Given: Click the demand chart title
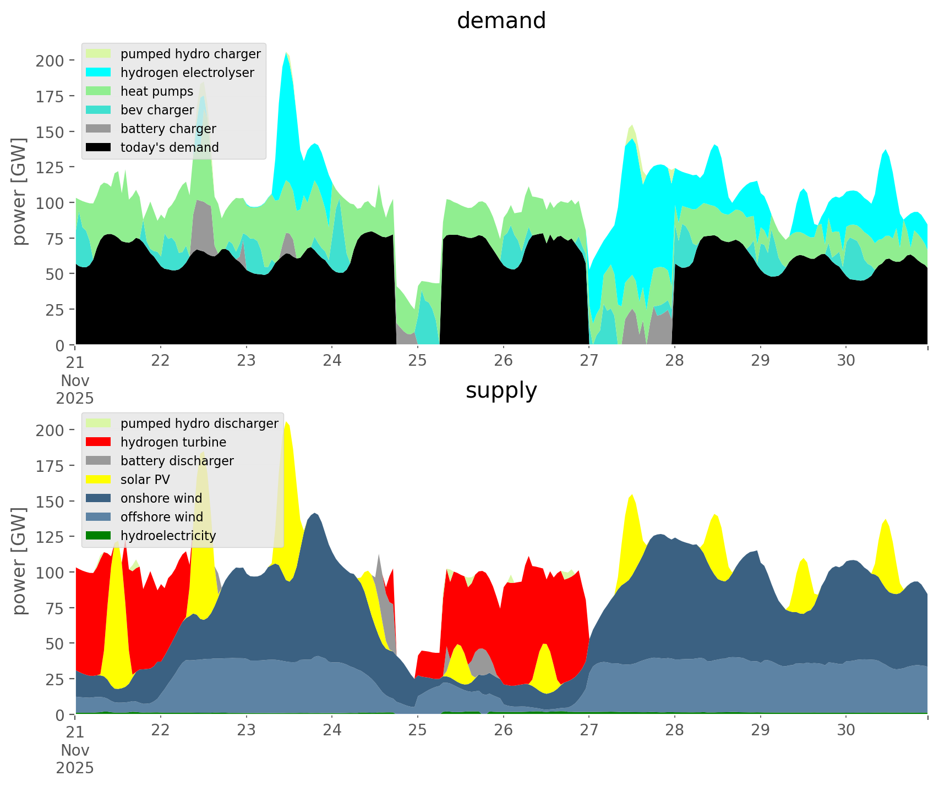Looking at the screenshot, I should point(501,21).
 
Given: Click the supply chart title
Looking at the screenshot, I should point(501,390).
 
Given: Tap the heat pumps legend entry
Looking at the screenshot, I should point(157,91).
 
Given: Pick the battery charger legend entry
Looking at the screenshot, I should point(168,129).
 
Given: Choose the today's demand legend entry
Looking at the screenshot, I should point(170,147).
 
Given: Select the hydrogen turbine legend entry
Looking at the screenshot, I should point(173,442).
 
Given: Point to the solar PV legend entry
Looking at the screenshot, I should point(145,480).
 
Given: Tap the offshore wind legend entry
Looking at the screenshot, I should point(161,517).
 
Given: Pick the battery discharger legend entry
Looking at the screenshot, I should point(177,461).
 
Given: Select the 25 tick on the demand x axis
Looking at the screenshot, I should point(418,361).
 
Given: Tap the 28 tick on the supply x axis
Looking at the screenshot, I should point(675,730).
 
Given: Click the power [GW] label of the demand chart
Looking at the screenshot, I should point(19,191).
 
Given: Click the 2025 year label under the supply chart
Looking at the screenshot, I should point(75,768).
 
